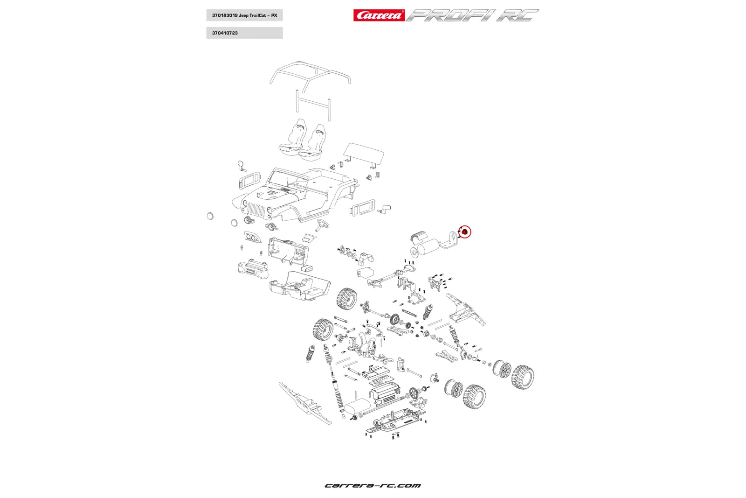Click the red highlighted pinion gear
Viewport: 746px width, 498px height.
(x=465, y=231)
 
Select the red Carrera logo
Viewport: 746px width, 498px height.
(x=379, y=15)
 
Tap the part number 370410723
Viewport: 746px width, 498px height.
(x=225, y=33)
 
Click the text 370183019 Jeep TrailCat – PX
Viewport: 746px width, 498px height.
(x=244, y=15)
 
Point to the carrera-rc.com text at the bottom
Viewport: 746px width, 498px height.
(x=373, y=485)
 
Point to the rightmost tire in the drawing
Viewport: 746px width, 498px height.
(x=523, y=377)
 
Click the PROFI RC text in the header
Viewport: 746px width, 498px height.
(x=472, y=15)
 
